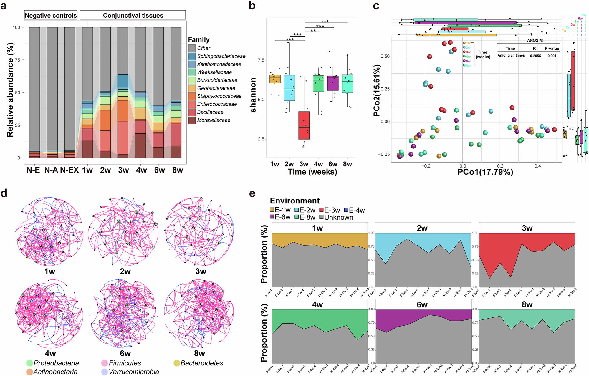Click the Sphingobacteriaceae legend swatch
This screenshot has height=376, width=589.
pyautogui.click(x=192, y=56)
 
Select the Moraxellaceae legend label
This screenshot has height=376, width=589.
pyautogui.click(x=214, y=120)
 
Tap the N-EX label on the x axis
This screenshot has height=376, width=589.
pyautogui.click(x=69, y=170)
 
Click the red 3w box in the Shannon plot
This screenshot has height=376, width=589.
pyautogui.click(x=304, y=125)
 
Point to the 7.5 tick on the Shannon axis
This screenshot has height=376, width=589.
pyautogui.click(x=261, y=60)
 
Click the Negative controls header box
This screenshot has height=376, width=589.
pyautogui.click(x=51, y=15)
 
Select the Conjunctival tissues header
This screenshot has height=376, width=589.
pyautogui.click(x=133, y=15)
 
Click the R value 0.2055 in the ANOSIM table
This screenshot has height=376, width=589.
pyautogui.click(x=535, y=56)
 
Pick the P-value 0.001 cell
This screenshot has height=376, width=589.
pyautogui.click(x=552, y=56)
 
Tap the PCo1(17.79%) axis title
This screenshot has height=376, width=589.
pyautogui.click(x=485, y=172)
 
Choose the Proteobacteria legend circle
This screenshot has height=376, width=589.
pyautogui.click(x=29, y=363)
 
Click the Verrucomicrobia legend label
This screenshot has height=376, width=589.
pyautogui.click(x=134, y=372)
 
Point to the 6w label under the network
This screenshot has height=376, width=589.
pyautogui.click(x=125, y=353)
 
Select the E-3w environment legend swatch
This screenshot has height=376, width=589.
pyautogui.click(x=322, y=210)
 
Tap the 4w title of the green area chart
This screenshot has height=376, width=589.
pyautogui.click(x=317, y=304)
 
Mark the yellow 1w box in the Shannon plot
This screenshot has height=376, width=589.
pyautogui.click(x=275, y=79)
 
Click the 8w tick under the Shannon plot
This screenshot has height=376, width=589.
pyautogui.click(x=347, y=164)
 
